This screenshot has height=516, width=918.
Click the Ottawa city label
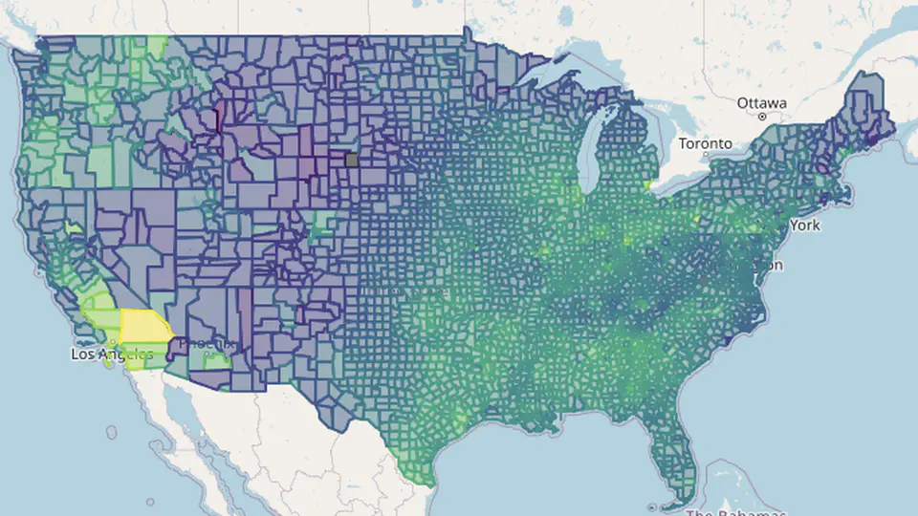[761, 102]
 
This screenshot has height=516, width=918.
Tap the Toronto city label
[705, 143]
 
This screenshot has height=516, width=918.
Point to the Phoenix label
[206, 342]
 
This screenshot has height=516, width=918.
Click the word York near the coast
[804, 226]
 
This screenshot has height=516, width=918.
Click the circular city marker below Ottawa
[762, 116]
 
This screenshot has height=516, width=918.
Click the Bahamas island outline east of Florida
[727, 478]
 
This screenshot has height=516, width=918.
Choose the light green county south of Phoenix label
[213, 361]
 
